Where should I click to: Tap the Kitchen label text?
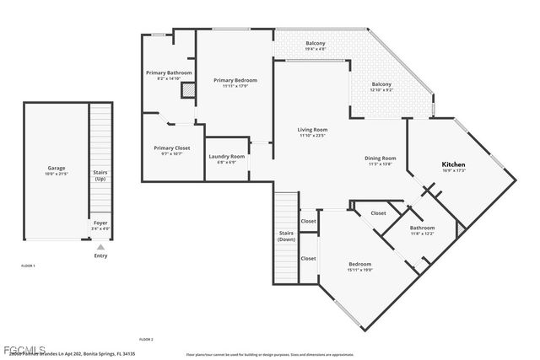pyautogui.click(x=454, y=165)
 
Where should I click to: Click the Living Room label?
pyautogui.click(x=313, y=132)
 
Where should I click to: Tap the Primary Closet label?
pyautogui.click(x=171, y=150)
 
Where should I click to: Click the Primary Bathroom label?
pyautogui.click(x=169, y=75)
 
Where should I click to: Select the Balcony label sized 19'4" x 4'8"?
pyautogui.click(x=316, y=46)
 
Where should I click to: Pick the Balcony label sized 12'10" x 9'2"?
pyautogui.click(x=381, y=87)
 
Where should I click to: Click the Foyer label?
pyautogui.click(x=100, y=225)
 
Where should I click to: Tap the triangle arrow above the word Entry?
pyautogui.click(x=100, y=247)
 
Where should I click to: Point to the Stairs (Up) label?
pyautogui.click(x=100, y=175)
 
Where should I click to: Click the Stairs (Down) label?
pyautogui.click(x=285, y=236)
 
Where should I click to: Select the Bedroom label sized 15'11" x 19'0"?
pyautogui.click(x=360, y=266)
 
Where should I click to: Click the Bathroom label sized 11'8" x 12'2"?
pyautogui.click(x=422, y=230)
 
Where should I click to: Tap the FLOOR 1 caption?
pyautogui.click(x=29, y=266)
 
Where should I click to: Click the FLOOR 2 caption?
pyautogui.click(x=146, y=339)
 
